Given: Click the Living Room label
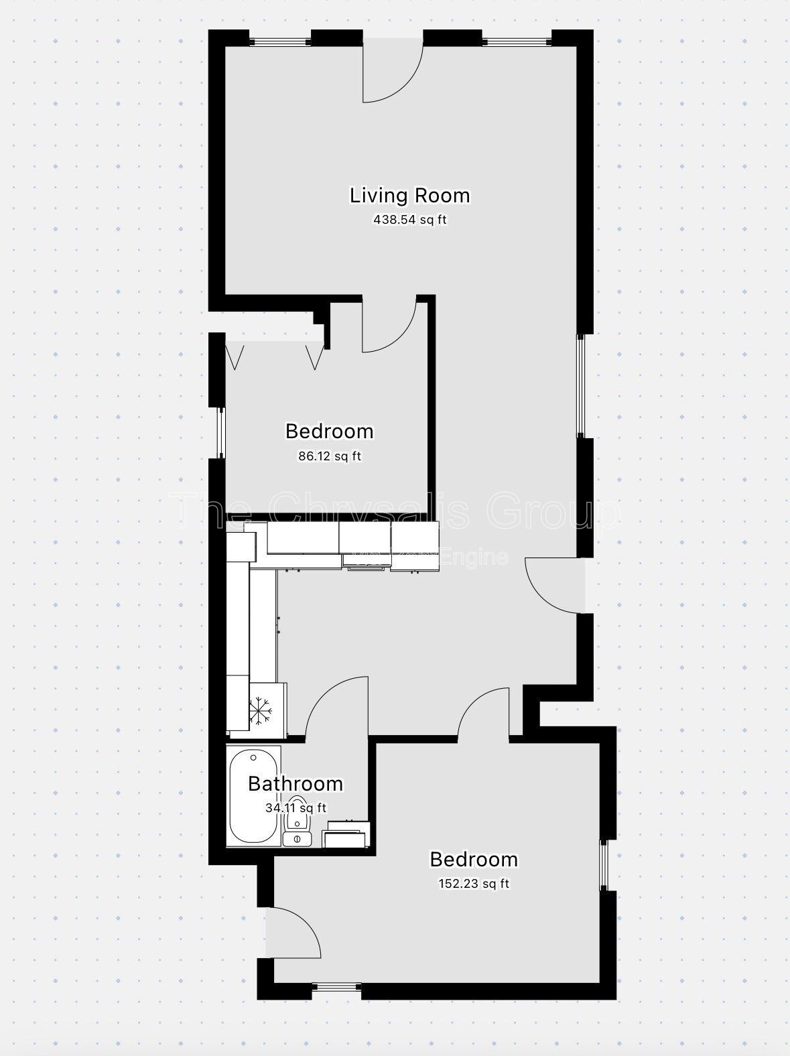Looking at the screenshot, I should coord(409,196).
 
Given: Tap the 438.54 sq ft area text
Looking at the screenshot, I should coord(409,219).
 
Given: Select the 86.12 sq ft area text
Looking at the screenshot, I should coord(329,456).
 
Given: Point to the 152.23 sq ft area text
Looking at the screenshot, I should coord(473,884).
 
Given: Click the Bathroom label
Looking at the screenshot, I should coord(295,783).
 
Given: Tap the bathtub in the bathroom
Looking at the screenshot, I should coord(253,797).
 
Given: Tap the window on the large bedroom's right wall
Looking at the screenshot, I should coord(603,865).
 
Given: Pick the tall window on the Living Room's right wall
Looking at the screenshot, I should coord(581,385).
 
